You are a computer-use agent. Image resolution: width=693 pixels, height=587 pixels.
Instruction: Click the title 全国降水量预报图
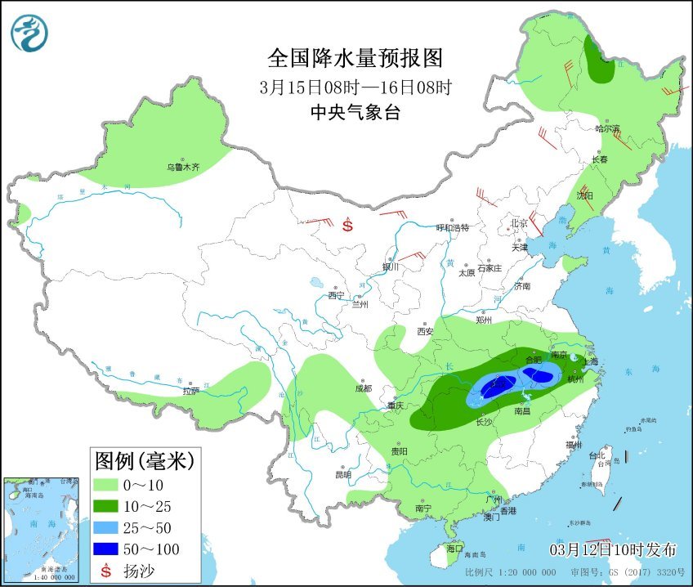tap(355, 58)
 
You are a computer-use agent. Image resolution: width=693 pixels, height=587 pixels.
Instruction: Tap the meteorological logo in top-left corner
tap(29, 33)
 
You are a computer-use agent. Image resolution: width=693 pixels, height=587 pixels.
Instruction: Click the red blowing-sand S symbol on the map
tap(348, 224)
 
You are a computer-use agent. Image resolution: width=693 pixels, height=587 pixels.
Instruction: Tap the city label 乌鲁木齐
tap(183, 167)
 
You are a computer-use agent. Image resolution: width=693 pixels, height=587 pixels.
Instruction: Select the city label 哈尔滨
tap(607, 128)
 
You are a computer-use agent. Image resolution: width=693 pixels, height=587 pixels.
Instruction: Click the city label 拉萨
tap(190, 391)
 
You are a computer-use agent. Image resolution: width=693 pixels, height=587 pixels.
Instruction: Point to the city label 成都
tap(363, 388)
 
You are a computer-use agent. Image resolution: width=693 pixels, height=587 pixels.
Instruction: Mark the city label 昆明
tap(342, 474)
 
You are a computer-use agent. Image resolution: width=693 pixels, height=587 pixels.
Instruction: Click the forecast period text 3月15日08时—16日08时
tap(355, 87)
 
